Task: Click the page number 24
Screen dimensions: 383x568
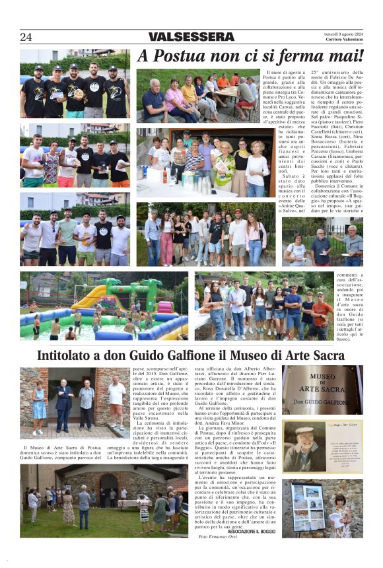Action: coord(26,37)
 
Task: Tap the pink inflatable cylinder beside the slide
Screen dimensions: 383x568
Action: coord(163,306)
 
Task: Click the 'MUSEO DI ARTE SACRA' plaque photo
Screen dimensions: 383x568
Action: coord(322,389)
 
